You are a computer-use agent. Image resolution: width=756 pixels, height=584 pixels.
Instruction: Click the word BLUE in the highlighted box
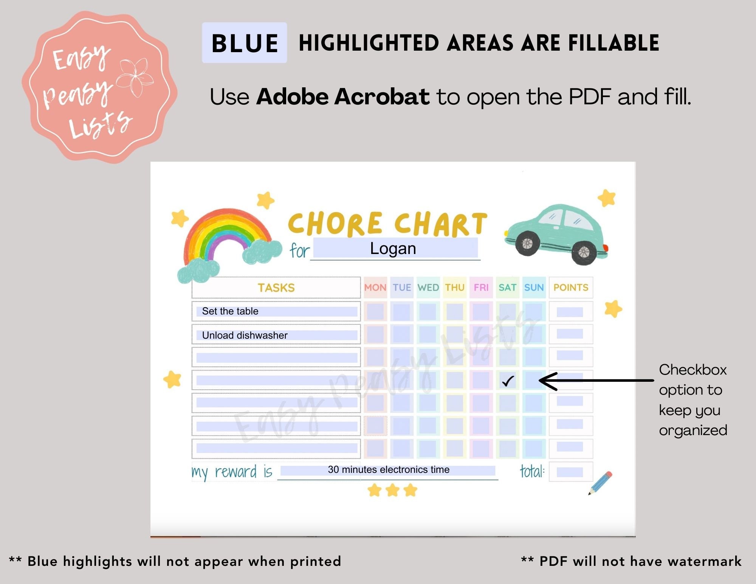pos(245,43)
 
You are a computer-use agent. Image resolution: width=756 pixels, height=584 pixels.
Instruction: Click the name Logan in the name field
pos(393,249)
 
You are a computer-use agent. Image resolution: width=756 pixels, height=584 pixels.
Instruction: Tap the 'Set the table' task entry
pos(230,311)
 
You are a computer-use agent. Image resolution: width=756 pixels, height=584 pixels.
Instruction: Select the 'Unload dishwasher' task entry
pos(245,335)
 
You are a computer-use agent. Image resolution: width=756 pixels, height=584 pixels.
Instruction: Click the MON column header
pos(375,288)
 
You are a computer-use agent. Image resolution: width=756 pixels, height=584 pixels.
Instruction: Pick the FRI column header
pos(481,288)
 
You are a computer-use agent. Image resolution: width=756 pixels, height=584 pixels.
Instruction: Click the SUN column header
pos(534,288)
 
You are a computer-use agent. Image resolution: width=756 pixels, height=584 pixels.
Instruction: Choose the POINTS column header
pos(571,288)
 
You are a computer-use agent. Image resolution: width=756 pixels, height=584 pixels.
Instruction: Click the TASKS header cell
pos(276,288)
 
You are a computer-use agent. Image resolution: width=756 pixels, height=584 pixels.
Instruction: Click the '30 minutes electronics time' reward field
pos(388,470)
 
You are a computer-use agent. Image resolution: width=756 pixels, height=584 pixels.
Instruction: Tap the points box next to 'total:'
pos(570,472)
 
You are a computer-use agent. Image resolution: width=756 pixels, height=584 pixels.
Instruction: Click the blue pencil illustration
pos(600,483)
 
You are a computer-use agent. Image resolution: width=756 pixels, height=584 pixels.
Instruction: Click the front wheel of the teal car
pos(527,243)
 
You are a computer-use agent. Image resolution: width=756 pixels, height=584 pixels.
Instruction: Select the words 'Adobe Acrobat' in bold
pos(343,97)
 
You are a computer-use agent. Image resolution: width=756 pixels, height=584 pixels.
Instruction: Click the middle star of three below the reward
pos(393,490)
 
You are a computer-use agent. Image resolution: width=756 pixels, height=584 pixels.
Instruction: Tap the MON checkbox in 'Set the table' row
pos(375,311)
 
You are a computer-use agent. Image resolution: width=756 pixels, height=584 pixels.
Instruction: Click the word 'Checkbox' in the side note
pos(692,370)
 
